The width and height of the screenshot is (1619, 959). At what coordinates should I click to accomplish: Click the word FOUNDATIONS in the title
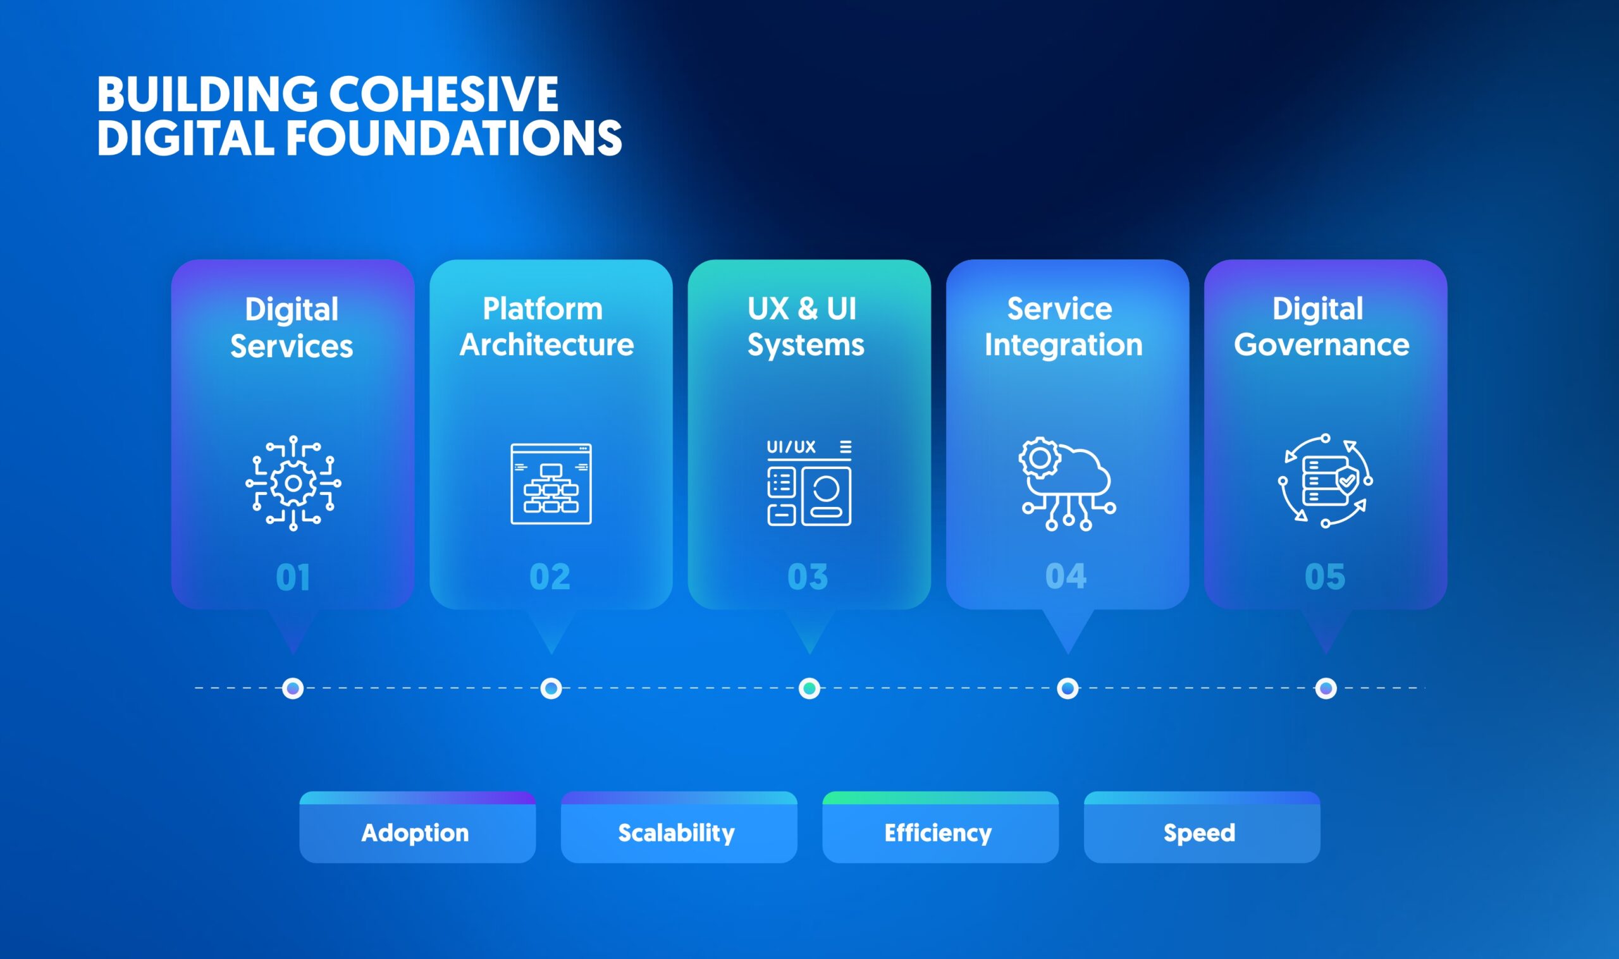pos(453,138)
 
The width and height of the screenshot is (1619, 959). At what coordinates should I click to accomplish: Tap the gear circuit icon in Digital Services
pos(293,484)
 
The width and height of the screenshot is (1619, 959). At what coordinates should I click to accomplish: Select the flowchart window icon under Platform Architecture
pos(551,484)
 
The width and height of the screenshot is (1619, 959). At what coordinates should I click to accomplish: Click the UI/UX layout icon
pos(808,483)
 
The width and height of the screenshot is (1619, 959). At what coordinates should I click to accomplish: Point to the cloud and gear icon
pos(1067,484)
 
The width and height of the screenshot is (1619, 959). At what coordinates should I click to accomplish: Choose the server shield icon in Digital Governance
pos(1325,481)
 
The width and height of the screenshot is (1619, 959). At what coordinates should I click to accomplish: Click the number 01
pos(293,577)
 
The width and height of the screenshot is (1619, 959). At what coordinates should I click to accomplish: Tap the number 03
pos(808,577)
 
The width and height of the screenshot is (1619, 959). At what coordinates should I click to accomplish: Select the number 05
pos(1325,577)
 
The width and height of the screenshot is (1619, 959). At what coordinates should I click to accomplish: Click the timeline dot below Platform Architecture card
pos(551,688)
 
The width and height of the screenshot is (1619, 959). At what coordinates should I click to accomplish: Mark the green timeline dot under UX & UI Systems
pos(809,688)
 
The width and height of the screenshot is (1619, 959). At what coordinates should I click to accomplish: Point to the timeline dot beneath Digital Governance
pos(1326,688)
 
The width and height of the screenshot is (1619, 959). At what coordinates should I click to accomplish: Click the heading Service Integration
pos(1063,326)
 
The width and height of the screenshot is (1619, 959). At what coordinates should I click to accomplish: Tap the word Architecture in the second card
pos(547,345)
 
